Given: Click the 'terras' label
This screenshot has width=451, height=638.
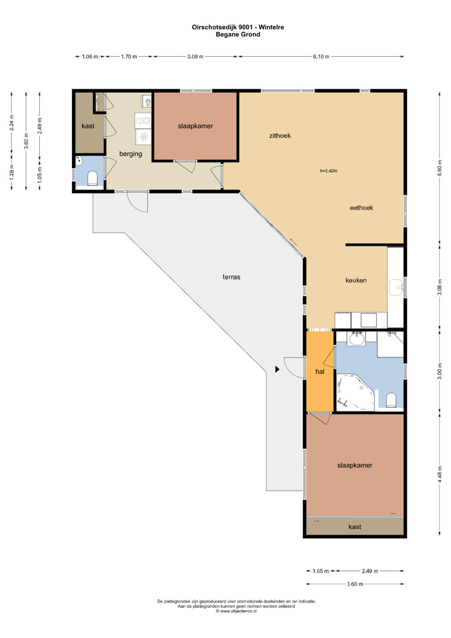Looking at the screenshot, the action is (x=231, y=277).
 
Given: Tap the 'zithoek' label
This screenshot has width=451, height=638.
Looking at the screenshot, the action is (x=280, y=135).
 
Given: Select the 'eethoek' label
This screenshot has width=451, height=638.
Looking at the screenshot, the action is (x=361, y=208).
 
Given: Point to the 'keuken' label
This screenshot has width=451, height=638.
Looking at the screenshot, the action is (x=356, y=280).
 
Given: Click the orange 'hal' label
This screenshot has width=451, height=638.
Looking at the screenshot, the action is (x=320, y=371).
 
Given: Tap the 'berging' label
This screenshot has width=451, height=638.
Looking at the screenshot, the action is (x=130, y=154).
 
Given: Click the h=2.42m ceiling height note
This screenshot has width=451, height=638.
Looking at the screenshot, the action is (x=329, y=171).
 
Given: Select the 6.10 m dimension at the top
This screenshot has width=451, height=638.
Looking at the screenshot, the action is (x=321, y=57).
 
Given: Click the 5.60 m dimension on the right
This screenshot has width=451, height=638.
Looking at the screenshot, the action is (x=440, y=169).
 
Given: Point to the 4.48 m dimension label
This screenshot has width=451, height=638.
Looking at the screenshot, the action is (x=440, y=474).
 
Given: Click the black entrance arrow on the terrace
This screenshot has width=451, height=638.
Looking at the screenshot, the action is (x=277, y=369).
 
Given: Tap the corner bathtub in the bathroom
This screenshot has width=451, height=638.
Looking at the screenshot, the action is (x=355, y=392).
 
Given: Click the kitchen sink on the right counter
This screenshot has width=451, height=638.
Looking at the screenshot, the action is (x=396, y=288).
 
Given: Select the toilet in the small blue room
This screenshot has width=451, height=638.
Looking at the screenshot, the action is (x=92, y=178).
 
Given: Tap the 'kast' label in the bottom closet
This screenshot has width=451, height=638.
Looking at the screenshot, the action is (x=355, y=527).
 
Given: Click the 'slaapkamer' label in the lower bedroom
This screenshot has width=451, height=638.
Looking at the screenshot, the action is (x=355, y=465).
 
